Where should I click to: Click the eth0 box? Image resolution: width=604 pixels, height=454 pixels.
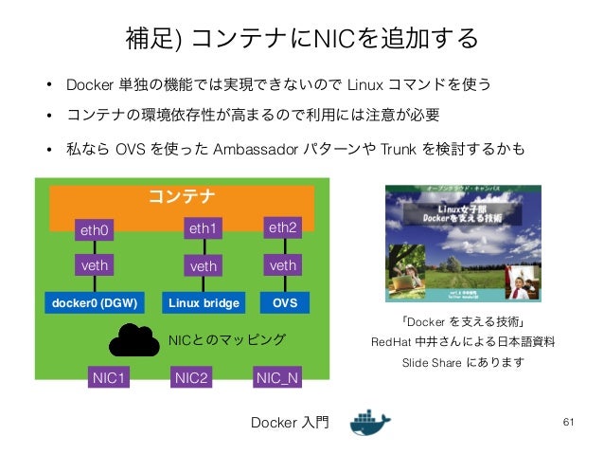(95, 229)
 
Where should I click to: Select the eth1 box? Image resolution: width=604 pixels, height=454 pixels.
(203, 228)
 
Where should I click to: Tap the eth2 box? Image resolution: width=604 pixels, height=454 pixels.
(282, 228)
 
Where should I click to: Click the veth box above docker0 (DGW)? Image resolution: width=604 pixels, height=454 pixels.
(95, 265)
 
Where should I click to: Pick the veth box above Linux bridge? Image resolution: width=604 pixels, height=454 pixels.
(203, 266)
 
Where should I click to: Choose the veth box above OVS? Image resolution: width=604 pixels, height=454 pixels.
(282, 265)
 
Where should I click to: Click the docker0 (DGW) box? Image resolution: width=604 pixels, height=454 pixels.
(95, 303)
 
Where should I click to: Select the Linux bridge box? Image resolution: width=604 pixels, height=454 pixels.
(203, 303)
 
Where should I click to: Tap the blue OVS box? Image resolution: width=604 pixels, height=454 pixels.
(284, 303)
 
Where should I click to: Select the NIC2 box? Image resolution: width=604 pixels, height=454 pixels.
(192, 379)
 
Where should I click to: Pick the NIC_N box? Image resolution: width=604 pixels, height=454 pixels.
(277, 379)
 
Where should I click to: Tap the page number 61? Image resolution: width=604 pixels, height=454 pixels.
(569, 421)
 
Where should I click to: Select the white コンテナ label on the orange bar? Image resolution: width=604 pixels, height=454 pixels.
(181, 196)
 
